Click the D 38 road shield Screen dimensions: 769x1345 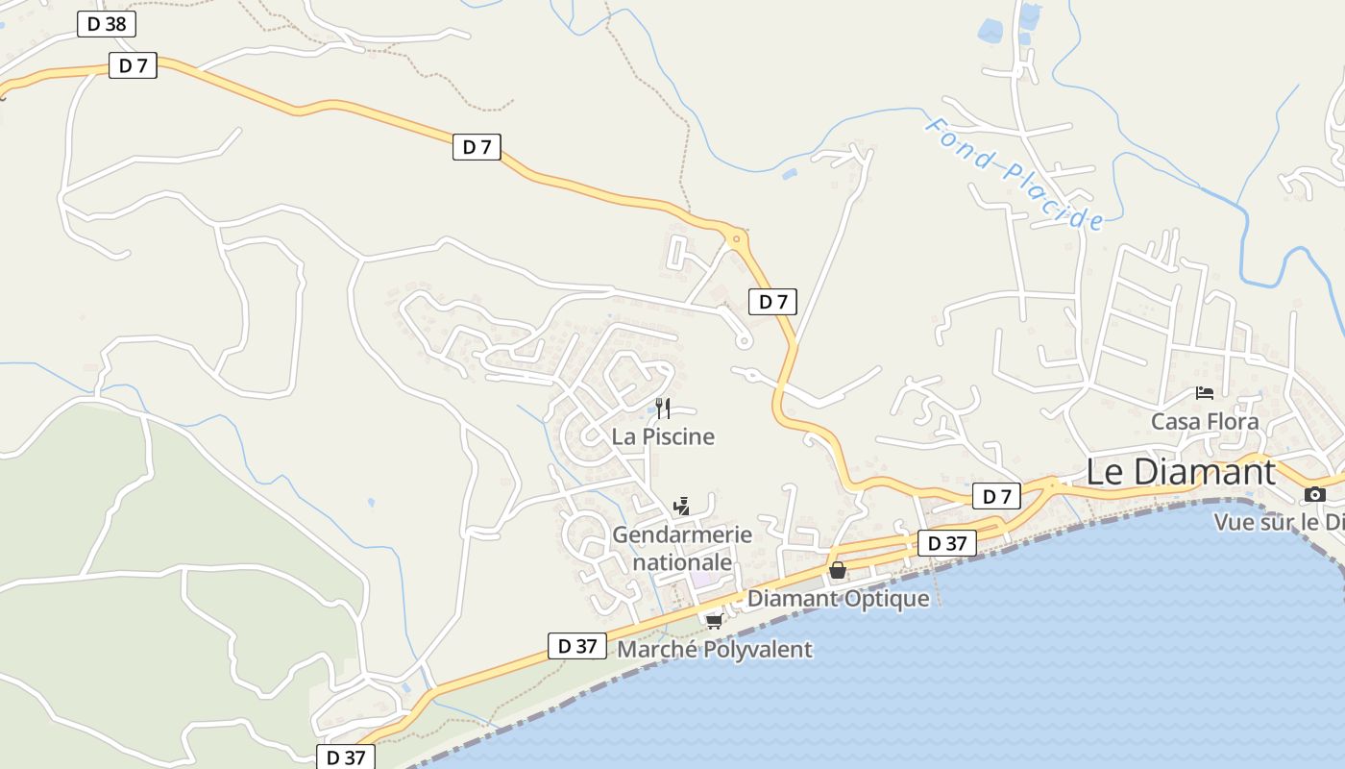[107, 24]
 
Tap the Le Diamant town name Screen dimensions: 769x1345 [1181, 472]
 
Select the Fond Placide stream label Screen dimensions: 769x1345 [1015, 174]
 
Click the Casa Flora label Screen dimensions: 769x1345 [1205, 421]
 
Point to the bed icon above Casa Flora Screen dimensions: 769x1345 [1204, 393]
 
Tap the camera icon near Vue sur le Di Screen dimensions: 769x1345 [1315, 495]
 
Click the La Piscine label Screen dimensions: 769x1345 [663, 436]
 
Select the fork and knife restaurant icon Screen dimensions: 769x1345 [663, 409]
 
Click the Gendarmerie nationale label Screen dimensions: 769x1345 [682, 548]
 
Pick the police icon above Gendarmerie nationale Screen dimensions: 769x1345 [682, 506]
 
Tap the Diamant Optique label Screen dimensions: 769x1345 [838, 598]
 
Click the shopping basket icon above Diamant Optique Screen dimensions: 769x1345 [838, 570]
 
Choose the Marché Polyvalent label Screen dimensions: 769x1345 [714, 650]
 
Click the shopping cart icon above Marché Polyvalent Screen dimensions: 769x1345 [714, 622]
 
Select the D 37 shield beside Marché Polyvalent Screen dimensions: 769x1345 [577, 646]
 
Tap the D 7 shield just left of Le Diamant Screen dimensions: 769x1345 [996, 496]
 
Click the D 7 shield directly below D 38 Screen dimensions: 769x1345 [133, 66]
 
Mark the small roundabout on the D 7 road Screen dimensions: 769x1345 [737, 238]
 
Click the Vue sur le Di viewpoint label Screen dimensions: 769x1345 [1278, 523]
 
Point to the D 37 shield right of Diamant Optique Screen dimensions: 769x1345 [946, 543]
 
